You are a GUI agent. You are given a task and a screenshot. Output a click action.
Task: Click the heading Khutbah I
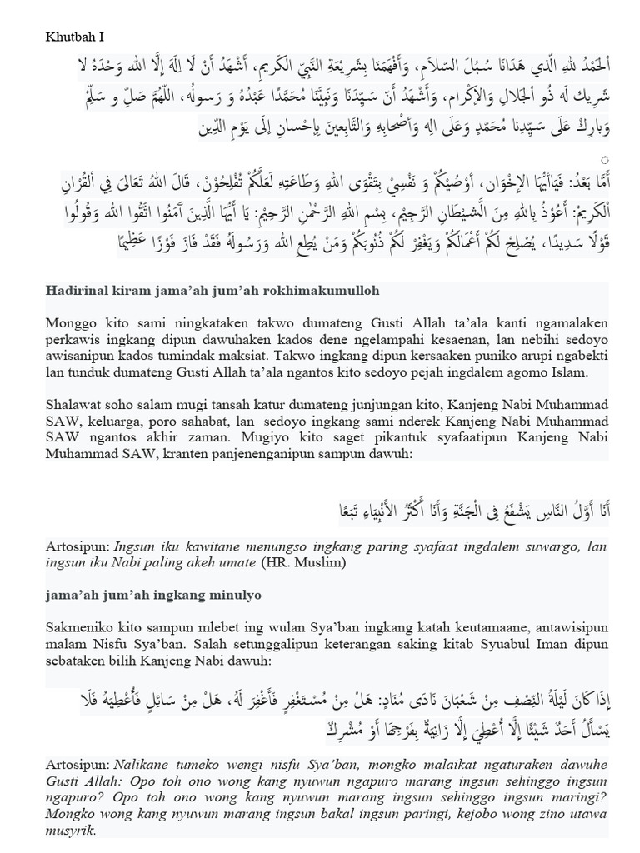[73, 38]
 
